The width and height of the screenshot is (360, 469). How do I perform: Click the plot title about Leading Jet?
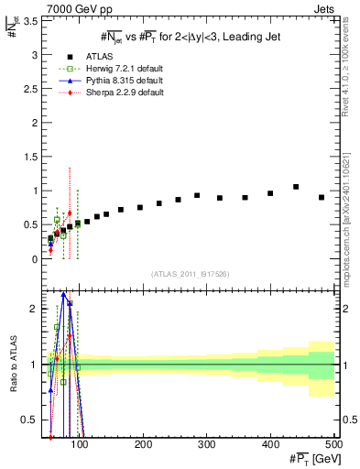[190, 37]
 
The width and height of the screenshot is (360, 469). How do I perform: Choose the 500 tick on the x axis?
[333, 446]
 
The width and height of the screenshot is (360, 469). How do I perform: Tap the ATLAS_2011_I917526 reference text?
[190, 274]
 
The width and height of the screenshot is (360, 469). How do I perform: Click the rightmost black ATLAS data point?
[322, 197]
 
